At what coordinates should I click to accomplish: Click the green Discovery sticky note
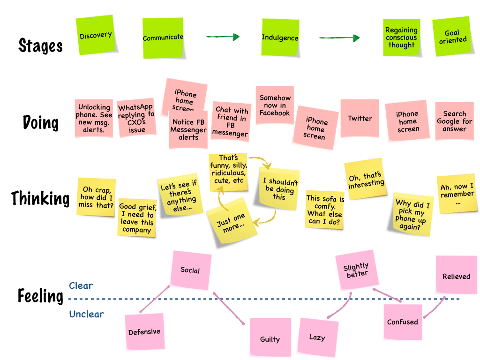[x=96, y=35]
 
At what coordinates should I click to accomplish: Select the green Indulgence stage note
[x=280, y=37]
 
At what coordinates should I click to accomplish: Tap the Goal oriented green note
[x=452, y=37]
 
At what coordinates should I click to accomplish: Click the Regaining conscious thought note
[x=401, y=37]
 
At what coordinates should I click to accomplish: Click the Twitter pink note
[x=360, y=119]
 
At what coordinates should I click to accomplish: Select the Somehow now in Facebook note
[x=275, y=105]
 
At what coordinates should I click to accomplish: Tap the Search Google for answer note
[x=454, y=121]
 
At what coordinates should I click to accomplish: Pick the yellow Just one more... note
[x=232, y=220]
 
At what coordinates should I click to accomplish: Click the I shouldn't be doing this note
[x=279, y=188]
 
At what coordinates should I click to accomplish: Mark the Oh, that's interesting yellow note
[x=366, y=180]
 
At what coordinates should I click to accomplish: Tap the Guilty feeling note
[x=270, y=338]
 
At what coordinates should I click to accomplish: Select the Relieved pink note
[x=456, y=276]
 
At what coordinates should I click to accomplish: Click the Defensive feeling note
[x=144, y=332]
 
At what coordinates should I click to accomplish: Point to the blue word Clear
[x=81, y=285]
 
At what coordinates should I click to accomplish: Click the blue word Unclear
[x=86, y=314]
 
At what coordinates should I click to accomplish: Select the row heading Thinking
[x=40, y=198]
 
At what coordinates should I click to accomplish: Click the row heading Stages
[x=40, y=45]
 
